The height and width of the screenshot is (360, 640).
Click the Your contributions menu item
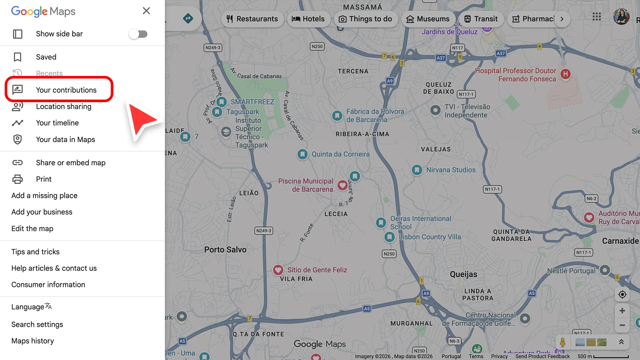pyautogui.click(x=66, y=90)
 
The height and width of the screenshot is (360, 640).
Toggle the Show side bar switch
pyautogui.click(x=138, y=34)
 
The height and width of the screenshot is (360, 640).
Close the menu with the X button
pyautogui.click(x=146, y=11)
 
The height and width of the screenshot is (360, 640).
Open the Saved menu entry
pyautogui.click(x=46, y=57)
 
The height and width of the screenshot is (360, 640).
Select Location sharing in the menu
pyautogui.click(x=63, y=106)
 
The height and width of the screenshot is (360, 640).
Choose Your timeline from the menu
pyautogui.click(x=57, y=123)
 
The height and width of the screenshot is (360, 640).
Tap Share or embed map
pyautogui.click(x=70, y=163)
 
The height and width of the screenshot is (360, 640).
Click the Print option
pyautogui.click(x=44, y=179)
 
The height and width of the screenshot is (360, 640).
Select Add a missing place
pyautogui.click(x=45, y=195)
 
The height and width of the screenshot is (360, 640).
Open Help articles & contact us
pyautogui.click(x=54, y=268)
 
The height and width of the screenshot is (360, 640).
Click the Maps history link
pyautogui.click(x=32, y=341)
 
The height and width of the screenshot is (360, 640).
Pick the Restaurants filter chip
pyautogui.click(x=252, y=19)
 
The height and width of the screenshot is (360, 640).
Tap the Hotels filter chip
pyautogui.click(x=308, y=19)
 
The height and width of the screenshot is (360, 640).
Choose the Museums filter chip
pyautogui.click(x=428, y=19)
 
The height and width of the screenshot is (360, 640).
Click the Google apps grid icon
pyautogui.click(x=596, y=17)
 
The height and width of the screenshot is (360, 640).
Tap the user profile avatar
pyautogui.click(x=621, y=17)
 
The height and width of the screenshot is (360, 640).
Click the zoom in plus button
pyautogui.click(x=622, y=311)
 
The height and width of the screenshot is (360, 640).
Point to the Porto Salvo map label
pyautogui.click(x=225, y=250)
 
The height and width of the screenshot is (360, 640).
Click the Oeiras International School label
pyautogui.click(x=420, y=223)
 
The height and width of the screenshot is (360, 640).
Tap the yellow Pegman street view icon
pyautogui.click(x=563, y=342)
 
